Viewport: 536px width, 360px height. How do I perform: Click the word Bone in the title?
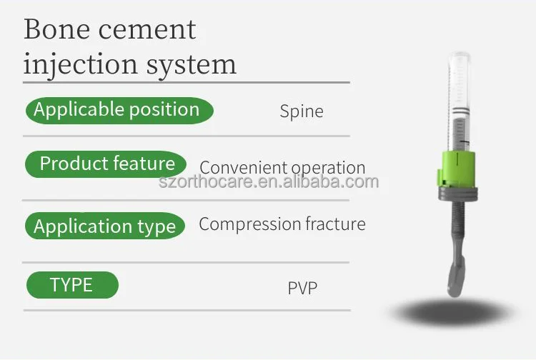53,29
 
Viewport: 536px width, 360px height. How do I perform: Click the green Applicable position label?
118,110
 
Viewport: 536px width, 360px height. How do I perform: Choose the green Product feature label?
106,164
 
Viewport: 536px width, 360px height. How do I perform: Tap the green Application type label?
105,226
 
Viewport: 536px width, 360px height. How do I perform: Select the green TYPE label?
71,285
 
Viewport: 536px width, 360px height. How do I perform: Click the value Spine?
301,111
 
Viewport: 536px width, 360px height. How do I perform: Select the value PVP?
302,289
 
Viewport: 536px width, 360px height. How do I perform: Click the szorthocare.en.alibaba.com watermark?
268,182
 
